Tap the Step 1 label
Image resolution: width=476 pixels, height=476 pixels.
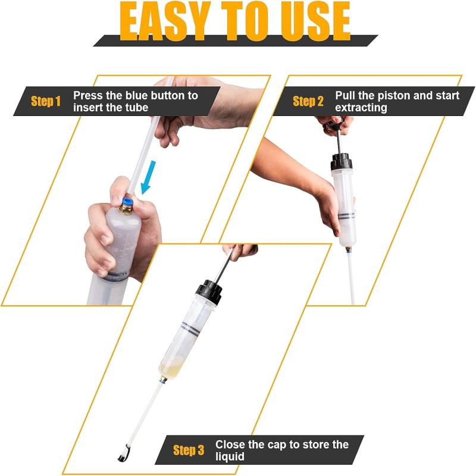tap(46, 101)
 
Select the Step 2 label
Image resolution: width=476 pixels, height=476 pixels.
tap(308, 101)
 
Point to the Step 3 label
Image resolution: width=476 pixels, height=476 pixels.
tap(189, 450)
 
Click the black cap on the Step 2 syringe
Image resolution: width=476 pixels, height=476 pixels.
tap(342, 161)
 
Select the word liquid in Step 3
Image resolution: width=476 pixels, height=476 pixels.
tap(230, 457)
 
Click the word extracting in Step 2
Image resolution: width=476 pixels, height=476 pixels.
tap(361, 108)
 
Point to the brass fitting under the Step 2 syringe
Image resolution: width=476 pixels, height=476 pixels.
tap(346, 245)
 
